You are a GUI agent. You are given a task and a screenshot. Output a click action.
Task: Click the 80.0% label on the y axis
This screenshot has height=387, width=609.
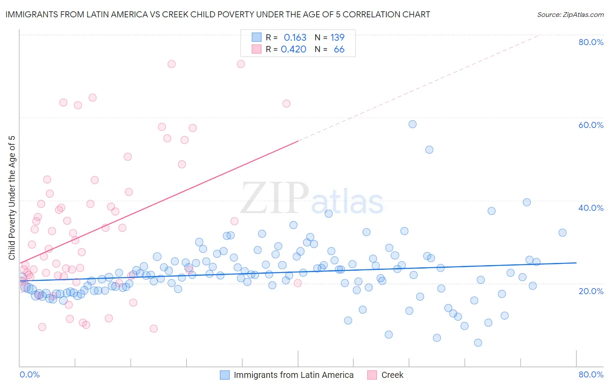[x=591, y=42]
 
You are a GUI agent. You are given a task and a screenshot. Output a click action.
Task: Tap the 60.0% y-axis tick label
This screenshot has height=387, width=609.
[x=591, y=125]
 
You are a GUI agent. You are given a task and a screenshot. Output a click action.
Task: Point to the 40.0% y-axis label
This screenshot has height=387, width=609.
[x=591, y=208]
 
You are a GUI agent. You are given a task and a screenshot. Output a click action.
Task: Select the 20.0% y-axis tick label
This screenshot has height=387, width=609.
[x=591, y=291]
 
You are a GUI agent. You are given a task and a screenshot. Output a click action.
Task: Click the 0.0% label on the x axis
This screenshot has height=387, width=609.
[x=29, y=374]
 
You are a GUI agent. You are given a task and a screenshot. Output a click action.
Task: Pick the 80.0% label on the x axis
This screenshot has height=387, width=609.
[x=591, y=374]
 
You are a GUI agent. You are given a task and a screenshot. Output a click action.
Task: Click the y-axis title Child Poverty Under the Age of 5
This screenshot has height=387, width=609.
[x=12, y=198]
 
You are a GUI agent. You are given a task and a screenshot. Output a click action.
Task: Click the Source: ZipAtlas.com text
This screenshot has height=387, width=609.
[x=570, y=14]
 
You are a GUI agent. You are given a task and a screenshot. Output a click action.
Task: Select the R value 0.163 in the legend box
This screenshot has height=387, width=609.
[x=295, y=38]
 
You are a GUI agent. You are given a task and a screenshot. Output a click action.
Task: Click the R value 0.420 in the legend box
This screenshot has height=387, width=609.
[x=294, y=49]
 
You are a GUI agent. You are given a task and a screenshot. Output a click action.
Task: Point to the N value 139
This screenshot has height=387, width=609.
[x=337, y=38]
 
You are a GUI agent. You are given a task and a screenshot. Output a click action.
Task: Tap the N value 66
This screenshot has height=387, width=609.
[x=339, y=49]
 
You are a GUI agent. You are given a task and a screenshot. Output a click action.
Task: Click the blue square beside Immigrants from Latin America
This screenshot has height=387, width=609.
[x=224, y=375]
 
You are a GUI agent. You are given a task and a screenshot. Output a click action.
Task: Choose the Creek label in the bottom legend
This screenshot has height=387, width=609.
[x=392, y=375]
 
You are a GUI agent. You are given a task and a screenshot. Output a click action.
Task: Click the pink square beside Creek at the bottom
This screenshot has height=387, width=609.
[x=372, y=375]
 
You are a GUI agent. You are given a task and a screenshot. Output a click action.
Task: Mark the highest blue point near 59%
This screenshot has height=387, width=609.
[x=412, y=124]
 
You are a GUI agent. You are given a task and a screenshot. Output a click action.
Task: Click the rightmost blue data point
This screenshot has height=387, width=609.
[x=562, y=233]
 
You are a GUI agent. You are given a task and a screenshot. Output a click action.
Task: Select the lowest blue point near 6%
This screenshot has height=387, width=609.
[x=478, y=343]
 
